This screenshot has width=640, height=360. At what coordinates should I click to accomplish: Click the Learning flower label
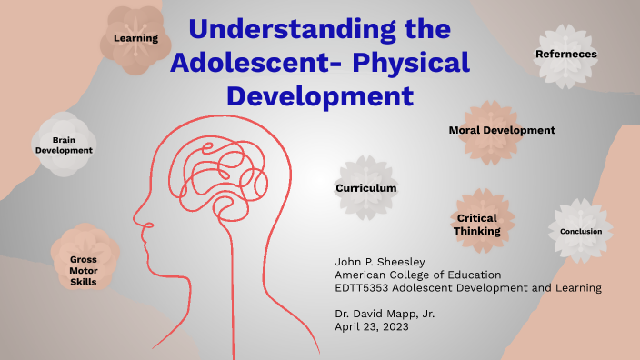point(135,38)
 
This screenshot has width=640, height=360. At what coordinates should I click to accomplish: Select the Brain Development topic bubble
point(64,145)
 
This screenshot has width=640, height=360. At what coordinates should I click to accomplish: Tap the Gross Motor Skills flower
point(83,270)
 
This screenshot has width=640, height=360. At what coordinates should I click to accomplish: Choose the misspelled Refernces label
point(565,54)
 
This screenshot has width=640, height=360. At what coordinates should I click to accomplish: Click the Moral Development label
point(501,130)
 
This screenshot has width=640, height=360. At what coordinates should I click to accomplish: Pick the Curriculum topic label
point(366,187)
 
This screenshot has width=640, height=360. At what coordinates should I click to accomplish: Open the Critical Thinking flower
point(477,224)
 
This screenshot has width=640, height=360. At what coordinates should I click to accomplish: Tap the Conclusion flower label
point(581,231)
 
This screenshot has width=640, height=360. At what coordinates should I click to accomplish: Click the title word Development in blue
point(319,95)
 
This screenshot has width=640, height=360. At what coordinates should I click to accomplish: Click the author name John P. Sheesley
point(380,262)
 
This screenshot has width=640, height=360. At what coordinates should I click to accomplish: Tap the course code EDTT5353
point(368,288)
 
